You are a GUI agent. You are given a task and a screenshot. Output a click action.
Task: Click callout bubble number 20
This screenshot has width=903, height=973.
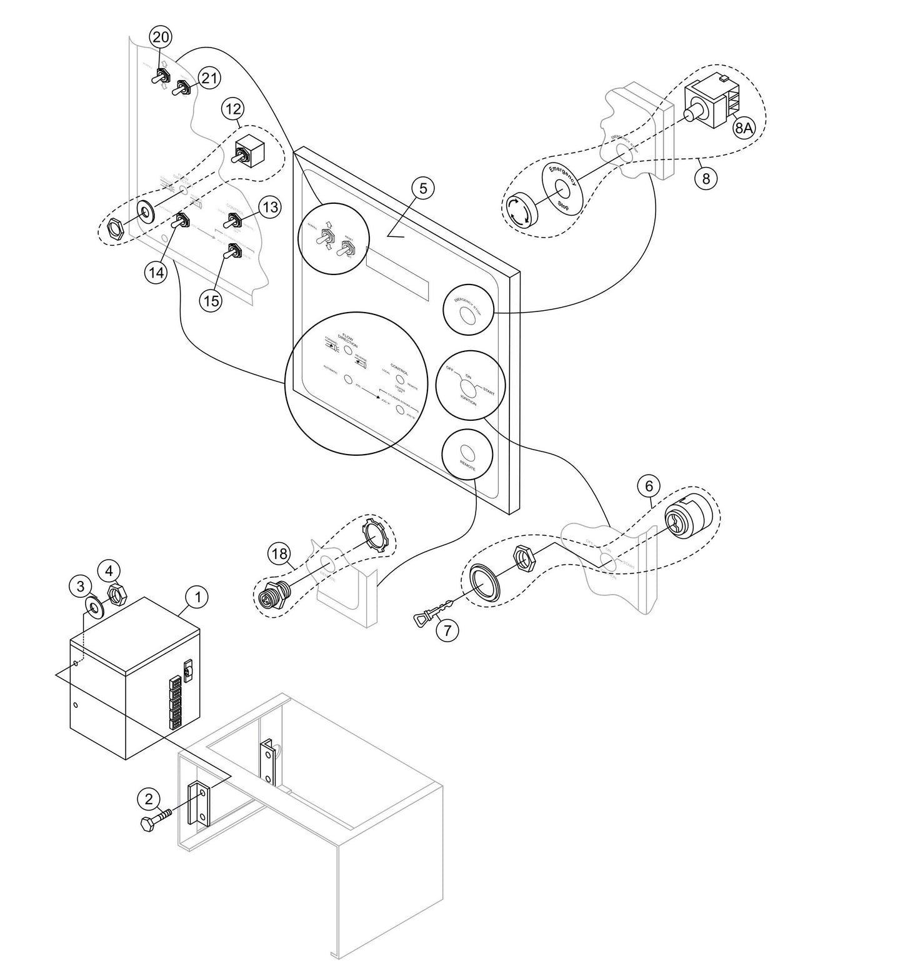coord(161,38)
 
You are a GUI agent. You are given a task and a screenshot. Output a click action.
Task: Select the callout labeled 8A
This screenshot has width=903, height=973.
coord(743,129)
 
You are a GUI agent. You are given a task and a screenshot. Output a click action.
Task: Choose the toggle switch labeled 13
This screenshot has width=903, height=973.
coord(233,220)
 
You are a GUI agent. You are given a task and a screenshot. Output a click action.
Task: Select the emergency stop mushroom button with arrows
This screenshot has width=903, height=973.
coord(520,211)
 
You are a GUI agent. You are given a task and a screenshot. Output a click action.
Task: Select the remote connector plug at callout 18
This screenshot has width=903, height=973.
coord(274,592)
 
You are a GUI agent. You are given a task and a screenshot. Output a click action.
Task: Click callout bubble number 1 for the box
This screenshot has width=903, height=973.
coord(197,597)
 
